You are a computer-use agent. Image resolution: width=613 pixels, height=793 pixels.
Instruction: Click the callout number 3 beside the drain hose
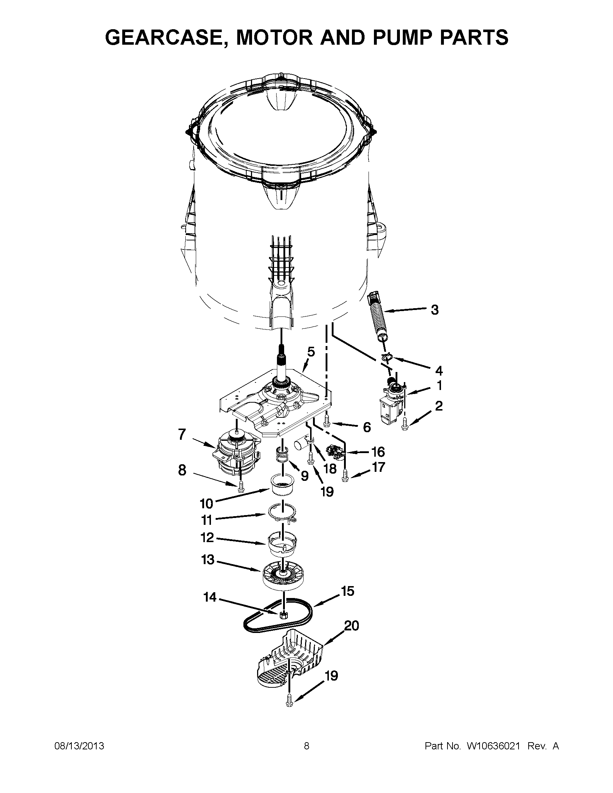(435, 310)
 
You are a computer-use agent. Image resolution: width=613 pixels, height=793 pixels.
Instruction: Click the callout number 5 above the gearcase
(311, 351)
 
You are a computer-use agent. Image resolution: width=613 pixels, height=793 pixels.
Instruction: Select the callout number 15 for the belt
(348, 591)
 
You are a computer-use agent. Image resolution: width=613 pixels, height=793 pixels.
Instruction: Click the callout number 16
(378, 452)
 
